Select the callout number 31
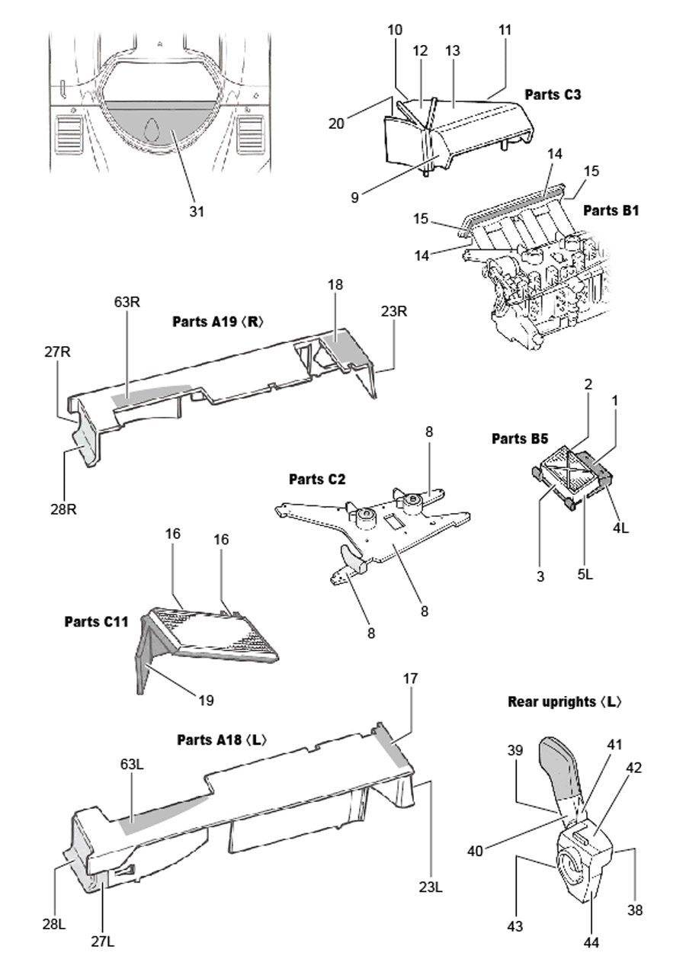(197, 211)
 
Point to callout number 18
(335, 285)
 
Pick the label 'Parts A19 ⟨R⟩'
(218, 321)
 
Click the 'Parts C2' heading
(317, 480)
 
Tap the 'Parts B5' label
(520, 438)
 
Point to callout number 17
(412, 677)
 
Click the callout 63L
(132, 762)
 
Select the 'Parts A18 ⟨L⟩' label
(222, 739)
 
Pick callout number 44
(591, 943)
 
